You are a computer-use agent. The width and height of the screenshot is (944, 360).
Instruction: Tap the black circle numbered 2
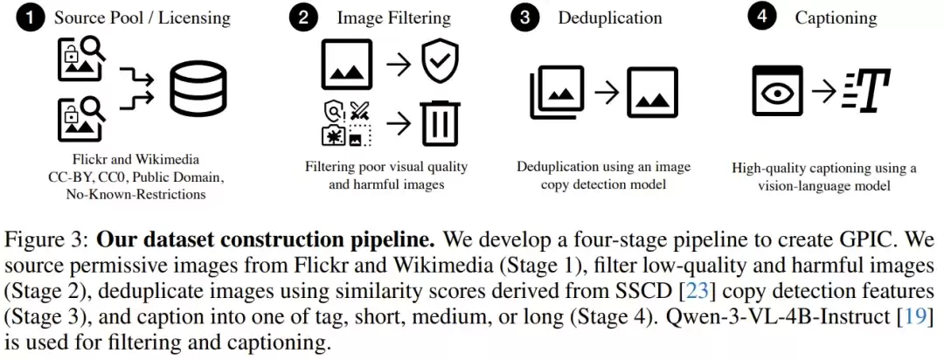point(303,18)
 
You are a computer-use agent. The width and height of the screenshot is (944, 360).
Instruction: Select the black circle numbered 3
point(525,18)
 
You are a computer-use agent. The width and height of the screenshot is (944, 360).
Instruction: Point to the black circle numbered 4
point(762,18)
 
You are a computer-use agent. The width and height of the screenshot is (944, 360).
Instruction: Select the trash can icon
point(441,123)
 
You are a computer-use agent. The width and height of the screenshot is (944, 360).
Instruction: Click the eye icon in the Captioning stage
point(777,91)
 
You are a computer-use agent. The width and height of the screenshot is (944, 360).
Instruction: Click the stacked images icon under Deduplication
point(557,92)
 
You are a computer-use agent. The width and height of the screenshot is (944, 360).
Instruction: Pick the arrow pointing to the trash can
point(399,124)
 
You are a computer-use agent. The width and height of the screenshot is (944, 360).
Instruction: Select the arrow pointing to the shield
point(399,64)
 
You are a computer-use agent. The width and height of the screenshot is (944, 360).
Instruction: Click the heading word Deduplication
point(610,18)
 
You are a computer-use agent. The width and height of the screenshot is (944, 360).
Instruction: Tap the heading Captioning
point(836,18)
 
